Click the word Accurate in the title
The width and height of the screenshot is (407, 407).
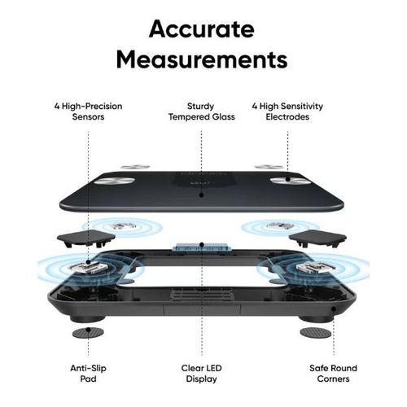[202, 28]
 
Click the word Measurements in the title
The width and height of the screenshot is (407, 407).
[202, 59]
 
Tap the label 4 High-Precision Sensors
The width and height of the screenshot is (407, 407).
[88, 112]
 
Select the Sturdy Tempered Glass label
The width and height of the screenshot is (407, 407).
[202, 112]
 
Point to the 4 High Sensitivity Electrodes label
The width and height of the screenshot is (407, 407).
[287, 112]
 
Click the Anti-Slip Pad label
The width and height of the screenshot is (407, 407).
[88, 374]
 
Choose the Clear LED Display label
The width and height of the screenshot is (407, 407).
[202, 374]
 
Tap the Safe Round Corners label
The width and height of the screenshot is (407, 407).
[333, 374]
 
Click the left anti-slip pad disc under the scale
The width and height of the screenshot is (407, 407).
[88, 332]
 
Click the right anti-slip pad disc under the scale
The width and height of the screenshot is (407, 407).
[316, 332]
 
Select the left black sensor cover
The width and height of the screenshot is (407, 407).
[86, 238]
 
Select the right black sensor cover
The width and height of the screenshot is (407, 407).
[317, 238]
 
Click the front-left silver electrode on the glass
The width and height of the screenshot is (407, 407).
[114, 181]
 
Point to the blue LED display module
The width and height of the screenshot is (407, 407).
[202, 247]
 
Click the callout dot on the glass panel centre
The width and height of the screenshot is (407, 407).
[201, 195]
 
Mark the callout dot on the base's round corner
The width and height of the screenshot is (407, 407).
[334, 309]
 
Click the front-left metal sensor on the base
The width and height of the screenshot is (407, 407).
[88, 267]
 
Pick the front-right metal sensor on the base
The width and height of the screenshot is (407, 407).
[316, 267]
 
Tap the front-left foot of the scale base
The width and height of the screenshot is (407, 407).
[87, 318]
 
